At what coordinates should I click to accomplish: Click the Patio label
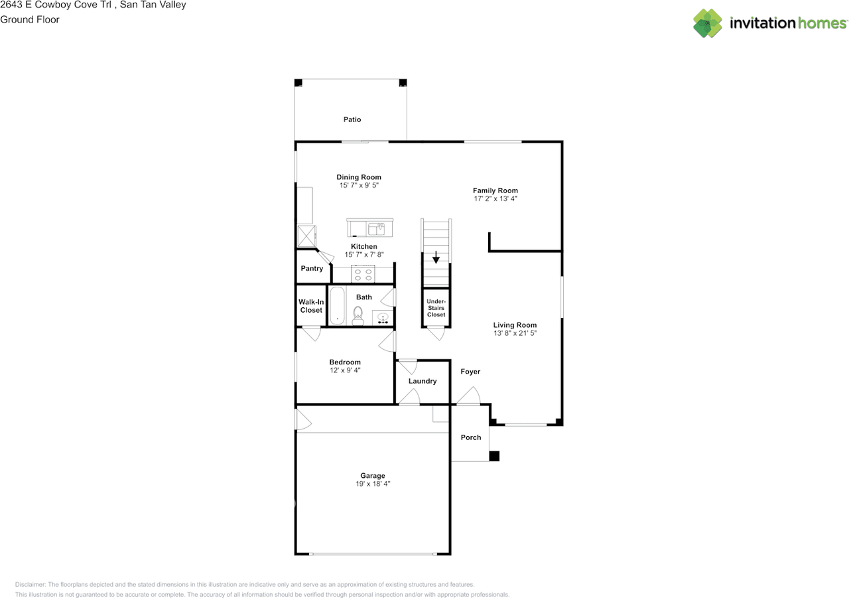click(352, 119)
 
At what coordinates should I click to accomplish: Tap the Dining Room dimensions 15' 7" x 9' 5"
click(359, 186)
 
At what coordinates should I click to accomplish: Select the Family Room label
click(495, 190)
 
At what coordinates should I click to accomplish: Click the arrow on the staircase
click(436, 257)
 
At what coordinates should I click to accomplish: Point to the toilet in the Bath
click(358, 315)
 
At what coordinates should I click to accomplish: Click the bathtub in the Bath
click(338, 306)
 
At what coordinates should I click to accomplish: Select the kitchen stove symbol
click(363, 273)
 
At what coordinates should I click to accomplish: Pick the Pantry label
click(312, 269)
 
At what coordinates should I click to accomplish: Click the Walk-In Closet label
click(311, 306)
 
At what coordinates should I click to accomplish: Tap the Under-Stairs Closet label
click(436, 308)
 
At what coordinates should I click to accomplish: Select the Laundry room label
click(423, 381)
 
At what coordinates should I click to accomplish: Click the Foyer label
click(470, 372)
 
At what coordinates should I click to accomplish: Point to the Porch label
click(471, 437)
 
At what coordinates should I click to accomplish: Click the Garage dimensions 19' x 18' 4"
click(373, 485)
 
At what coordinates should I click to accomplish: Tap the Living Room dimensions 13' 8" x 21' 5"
click(515, 334)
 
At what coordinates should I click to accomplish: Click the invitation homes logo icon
click(708, 23)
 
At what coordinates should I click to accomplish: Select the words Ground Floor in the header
click(30, 20)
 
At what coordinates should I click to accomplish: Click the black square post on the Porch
click(494, 456)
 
